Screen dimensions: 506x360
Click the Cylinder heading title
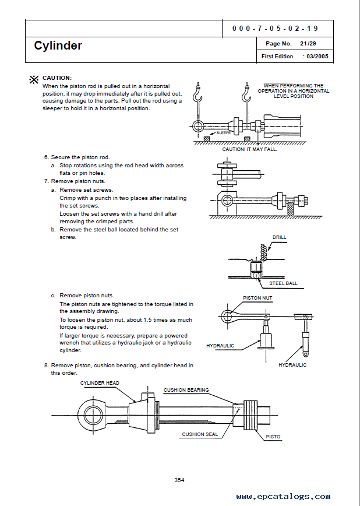(x=58, y=45)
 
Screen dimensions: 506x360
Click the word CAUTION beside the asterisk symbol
(x=57, y=78)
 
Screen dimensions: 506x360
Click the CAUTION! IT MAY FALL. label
(x=249, y=149)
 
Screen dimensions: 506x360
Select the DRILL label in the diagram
(x=279, y=237)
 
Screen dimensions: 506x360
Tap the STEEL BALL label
(x=283, y=283)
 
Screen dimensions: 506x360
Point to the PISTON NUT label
(x=257, y=298)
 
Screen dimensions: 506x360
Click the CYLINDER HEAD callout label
(x=100, y=383)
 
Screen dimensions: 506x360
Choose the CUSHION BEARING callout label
(x=186, y=390)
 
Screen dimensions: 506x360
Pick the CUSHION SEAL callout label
(x=200, y=434)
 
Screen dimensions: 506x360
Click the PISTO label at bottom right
(x=273, y=436)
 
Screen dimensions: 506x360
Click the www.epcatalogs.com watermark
(x=283, y=497)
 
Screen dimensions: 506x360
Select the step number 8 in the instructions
(x=46, y=365)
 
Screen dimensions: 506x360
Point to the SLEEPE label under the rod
(x=224, y=133)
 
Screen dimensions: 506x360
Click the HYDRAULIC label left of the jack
(x=220, y=346)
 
